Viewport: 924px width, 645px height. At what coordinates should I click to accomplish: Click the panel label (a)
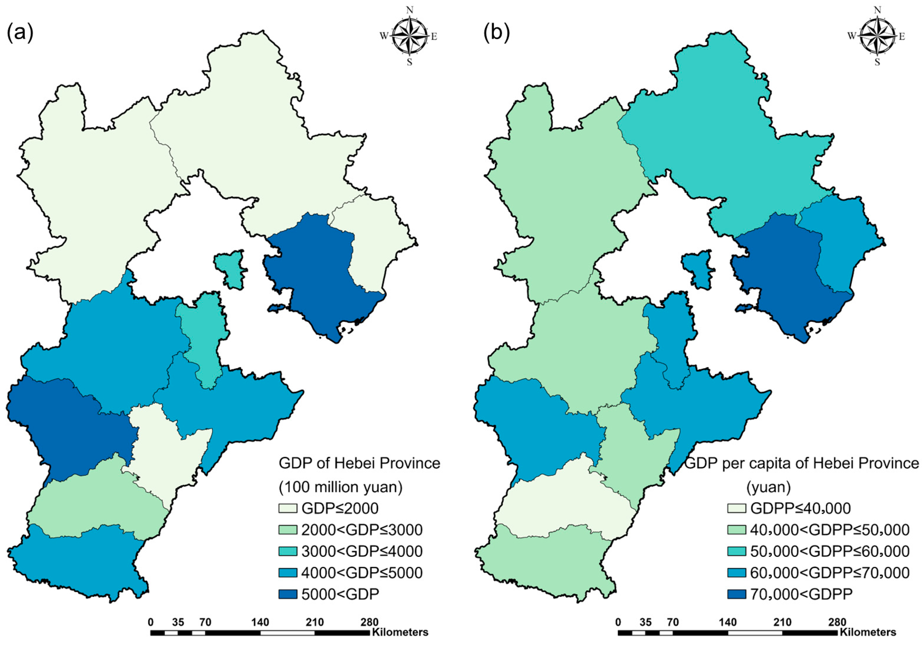coord(20,33)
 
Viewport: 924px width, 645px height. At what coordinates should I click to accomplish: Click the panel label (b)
coord(496,33)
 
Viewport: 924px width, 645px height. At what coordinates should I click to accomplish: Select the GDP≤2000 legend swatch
coord(288,508)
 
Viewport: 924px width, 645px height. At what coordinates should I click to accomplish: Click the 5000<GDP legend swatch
coord(288,594)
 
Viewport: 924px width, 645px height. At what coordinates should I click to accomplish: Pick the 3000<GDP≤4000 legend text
coord(362,551)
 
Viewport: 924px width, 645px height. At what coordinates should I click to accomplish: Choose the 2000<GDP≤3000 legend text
coord(362,530)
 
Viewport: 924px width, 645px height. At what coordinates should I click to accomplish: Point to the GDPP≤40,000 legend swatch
coord(737,508)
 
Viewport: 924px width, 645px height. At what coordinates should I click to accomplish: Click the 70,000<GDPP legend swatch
coord(737,594)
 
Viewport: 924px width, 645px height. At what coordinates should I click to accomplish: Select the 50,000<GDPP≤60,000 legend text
coord(829,551)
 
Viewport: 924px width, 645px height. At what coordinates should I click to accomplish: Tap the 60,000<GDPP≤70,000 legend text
coord(829,573)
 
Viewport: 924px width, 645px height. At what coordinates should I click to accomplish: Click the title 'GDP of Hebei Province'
coord(359,463)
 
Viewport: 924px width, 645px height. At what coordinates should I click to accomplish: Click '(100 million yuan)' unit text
coord(340,487)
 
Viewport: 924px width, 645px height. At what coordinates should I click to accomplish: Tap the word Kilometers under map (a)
coord(400,632)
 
